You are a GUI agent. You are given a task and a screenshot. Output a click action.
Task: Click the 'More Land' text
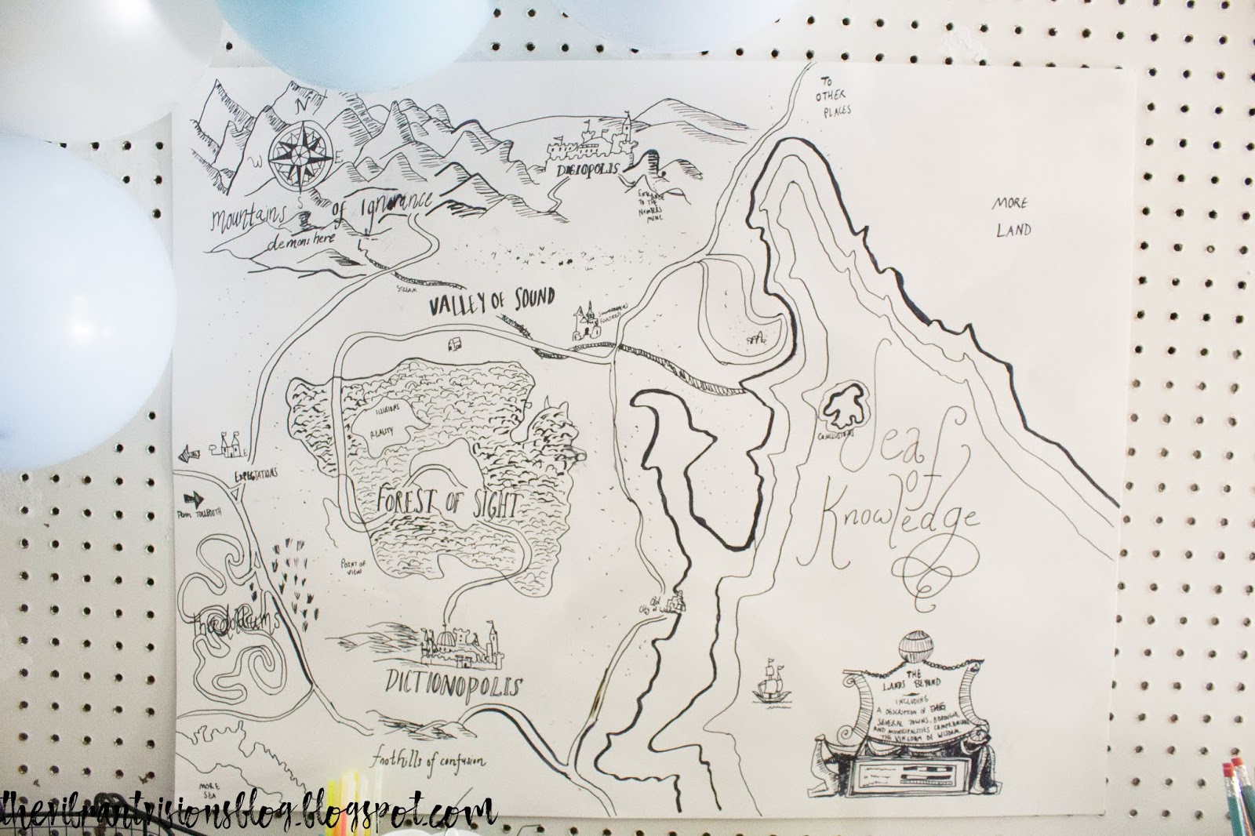click(1011, 217)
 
